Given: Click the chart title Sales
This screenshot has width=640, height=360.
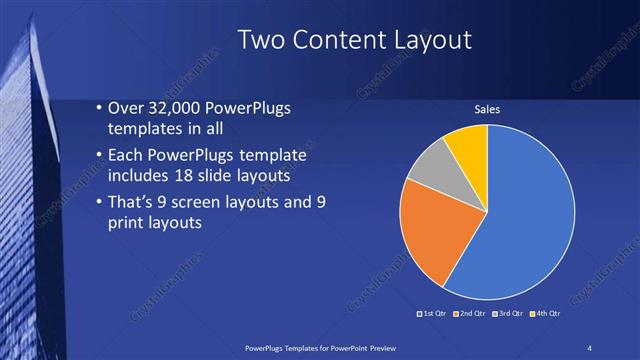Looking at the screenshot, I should (x=486, y=109).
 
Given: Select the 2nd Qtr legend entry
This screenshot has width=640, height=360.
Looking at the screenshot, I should (x=472, y=314).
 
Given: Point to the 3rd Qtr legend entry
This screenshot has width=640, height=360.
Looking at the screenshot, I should (x=511, y=314).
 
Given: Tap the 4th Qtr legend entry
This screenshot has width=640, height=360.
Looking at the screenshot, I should (x=549, y=314).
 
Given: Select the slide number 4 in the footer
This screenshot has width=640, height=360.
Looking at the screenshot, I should (x=592, y=347).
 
